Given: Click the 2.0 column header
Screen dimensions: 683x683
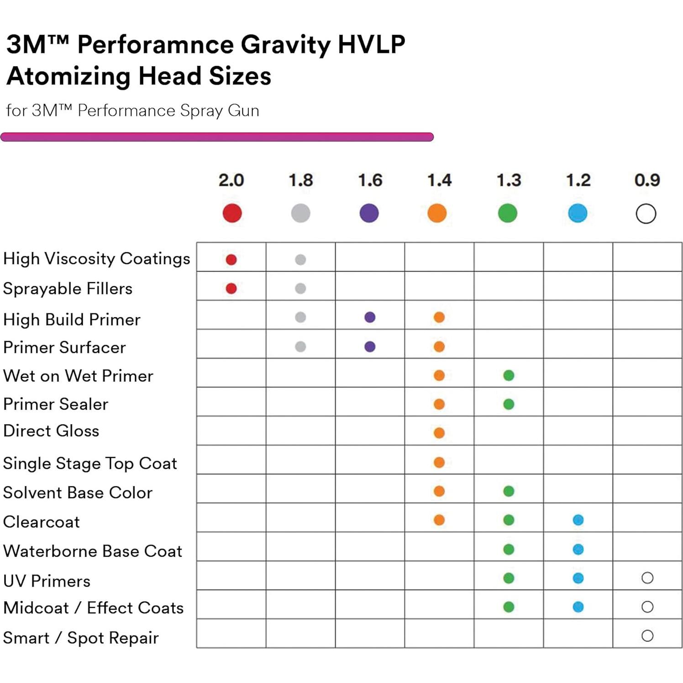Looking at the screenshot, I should point(231,180).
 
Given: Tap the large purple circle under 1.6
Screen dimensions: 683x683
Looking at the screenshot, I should point(369,213).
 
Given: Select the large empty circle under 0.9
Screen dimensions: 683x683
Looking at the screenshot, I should point(646,214).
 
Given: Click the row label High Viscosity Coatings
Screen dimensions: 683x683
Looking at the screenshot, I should point(96,258).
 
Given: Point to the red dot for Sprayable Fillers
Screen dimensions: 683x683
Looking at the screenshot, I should point(231,289).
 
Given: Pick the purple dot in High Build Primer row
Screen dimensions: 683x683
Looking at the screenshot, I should point(370,317).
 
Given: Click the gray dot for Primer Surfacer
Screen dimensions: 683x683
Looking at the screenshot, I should point(300,347).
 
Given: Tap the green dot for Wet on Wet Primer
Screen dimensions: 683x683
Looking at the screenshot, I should point(509,375).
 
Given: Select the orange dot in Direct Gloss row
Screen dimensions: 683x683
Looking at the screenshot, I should point(439,433).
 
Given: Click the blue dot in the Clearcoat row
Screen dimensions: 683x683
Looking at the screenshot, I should point(578,520).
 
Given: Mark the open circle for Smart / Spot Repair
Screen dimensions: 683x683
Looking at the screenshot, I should point(647,636).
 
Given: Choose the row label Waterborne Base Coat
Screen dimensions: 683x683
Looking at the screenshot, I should point(93,551).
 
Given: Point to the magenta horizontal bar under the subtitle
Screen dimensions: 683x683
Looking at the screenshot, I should point(217,137).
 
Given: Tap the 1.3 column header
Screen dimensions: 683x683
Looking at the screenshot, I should point(509,180).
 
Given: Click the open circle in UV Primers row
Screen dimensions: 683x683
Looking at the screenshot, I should point(647,578).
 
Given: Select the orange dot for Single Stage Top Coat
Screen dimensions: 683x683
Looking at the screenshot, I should point(439,462).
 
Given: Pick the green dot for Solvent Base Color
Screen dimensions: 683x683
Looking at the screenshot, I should point(509,491).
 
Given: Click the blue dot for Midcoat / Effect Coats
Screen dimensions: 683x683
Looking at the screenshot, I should point(578,607).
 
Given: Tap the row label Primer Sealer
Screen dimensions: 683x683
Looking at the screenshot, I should point(56,404).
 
